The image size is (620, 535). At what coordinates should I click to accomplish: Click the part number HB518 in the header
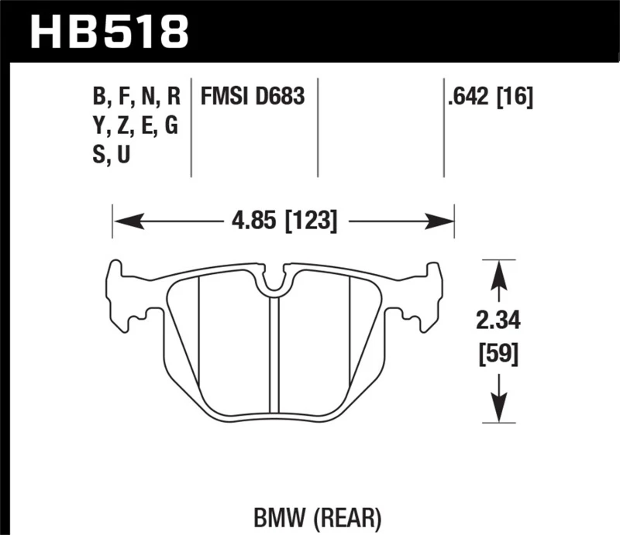tap(108, 31)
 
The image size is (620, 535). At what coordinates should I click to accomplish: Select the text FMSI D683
tap(253, 98)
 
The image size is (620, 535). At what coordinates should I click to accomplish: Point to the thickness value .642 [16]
tap(488, 98)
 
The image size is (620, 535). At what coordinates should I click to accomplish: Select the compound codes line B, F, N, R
tap(136, 98)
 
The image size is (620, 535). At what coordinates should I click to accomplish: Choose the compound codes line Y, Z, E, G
tap(136, 126)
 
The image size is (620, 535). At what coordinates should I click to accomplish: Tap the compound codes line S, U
tap(112, 156)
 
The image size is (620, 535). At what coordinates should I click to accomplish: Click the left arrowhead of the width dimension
tap(125, 222)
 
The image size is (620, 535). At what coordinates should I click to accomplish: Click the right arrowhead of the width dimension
tap(442, 222)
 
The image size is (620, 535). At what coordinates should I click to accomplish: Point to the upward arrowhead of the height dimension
tap(500, 272)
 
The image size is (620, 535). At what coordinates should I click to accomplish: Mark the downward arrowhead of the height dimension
tap(500, 410)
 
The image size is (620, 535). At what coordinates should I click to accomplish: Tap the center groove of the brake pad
tap(273, 356)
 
